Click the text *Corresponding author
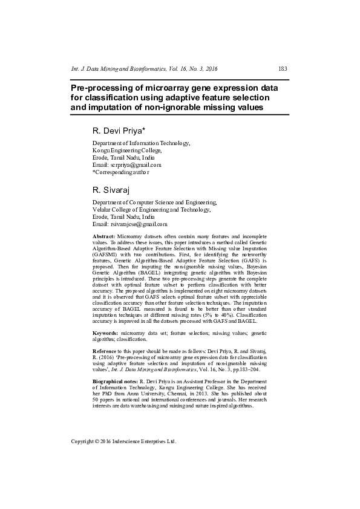coord(120,172)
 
